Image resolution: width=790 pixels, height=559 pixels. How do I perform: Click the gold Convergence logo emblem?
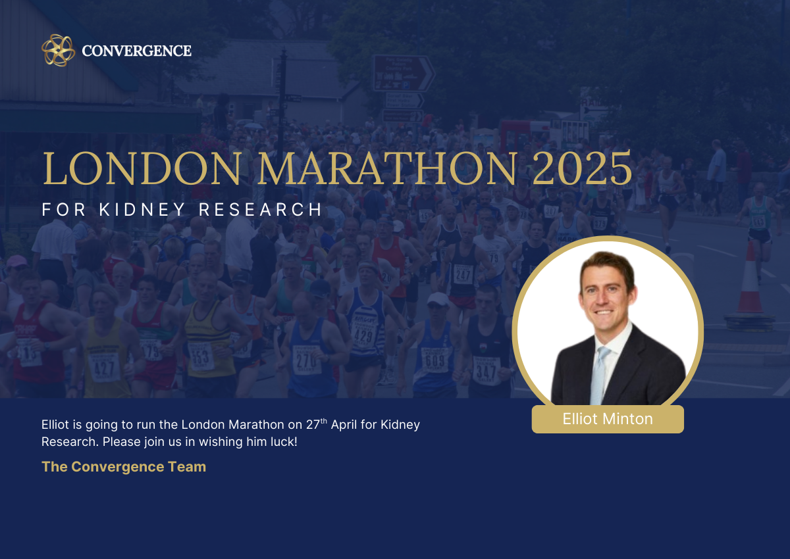coord(58,51)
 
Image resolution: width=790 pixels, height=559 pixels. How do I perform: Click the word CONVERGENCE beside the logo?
coord(136,51)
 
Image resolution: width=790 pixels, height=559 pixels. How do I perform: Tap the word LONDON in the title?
coord(142,168)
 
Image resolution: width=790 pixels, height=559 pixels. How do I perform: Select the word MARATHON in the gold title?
coord(388,168)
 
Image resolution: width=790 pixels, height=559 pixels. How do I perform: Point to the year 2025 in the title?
coord(582,168)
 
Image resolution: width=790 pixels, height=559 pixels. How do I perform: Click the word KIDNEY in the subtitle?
coord(142,210)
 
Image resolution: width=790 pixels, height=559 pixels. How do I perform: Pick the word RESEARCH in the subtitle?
coord(260,210)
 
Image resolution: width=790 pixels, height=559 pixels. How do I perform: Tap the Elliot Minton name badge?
coord(608,419)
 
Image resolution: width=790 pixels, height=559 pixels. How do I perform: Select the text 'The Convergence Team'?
coord(124,467)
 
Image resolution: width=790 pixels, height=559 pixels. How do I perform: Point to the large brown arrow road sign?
coord(404,73)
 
